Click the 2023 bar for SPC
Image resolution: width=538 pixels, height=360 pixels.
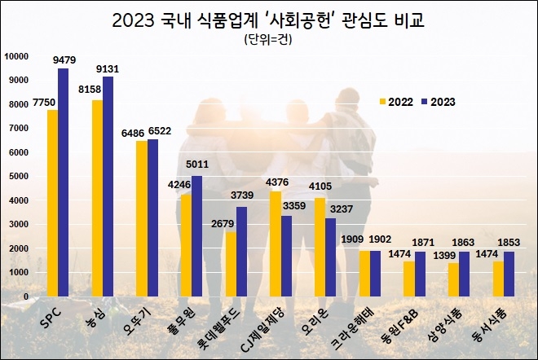point(64,182)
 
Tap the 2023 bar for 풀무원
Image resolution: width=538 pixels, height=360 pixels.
point(197,236)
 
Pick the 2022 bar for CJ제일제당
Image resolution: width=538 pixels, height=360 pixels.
point(276,244)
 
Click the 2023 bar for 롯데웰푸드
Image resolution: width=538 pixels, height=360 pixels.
point(242,252)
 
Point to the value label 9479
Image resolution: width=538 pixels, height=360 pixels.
point(64,59)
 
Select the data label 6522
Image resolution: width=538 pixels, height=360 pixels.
point(159,130)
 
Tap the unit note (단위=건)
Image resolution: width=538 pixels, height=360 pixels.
point(269,39)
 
